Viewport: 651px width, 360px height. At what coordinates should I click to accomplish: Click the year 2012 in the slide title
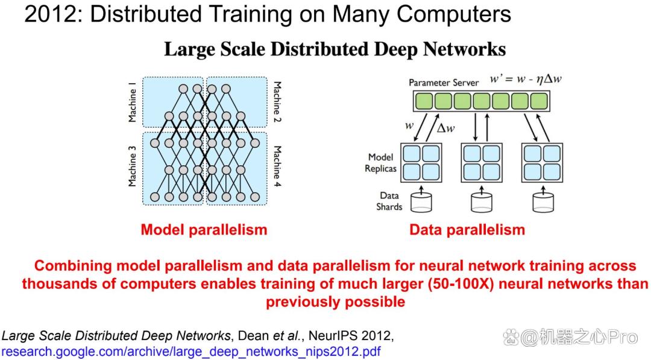coord(51,14)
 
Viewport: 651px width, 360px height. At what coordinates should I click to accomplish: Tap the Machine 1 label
coord(132,102)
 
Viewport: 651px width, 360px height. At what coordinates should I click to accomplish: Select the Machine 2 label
coord(277,102)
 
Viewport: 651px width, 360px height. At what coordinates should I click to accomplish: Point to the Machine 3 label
coord(132,166)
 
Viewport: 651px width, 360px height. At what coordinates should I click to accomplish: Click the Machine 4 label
coord(277,166)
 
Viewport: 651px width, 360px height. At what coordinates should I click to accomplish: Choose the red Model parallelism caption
coord(204,230)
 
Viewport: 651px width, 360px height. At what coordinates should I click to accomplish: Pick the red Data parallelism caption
coord(467,230)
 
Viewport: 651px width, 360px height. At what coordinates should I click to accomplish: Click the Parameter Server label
coord(444,83)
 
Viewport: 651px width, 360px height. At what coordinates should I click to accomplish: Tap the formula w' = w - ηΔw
coord(526,79)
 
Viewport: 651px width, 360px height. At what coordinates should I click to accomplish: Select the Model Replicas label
coord(380,163)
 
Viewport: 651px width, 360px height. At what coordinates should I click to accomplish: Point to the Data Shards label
coord(389,201)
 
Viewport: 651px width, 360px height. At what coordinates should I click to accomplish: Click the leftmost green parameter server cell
coord(424,101)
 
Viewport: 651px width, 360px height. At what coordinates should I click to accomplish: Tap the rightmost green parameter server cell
coord(539,101)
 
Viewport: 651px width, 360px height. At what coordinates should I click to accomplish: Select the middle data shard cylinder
coord(482,203)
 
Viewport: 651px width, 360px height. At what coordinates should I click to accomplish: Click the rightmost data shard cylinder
coord(543,203)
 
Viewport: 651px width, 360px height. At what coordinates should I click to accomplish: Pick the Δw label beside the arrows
coord(446,128)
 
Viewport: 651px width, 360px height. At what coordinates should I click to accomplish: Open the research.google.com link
coord(192,352)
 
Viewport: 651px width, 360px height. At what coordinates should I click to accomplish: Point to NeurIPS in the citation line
coord(337,335)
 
